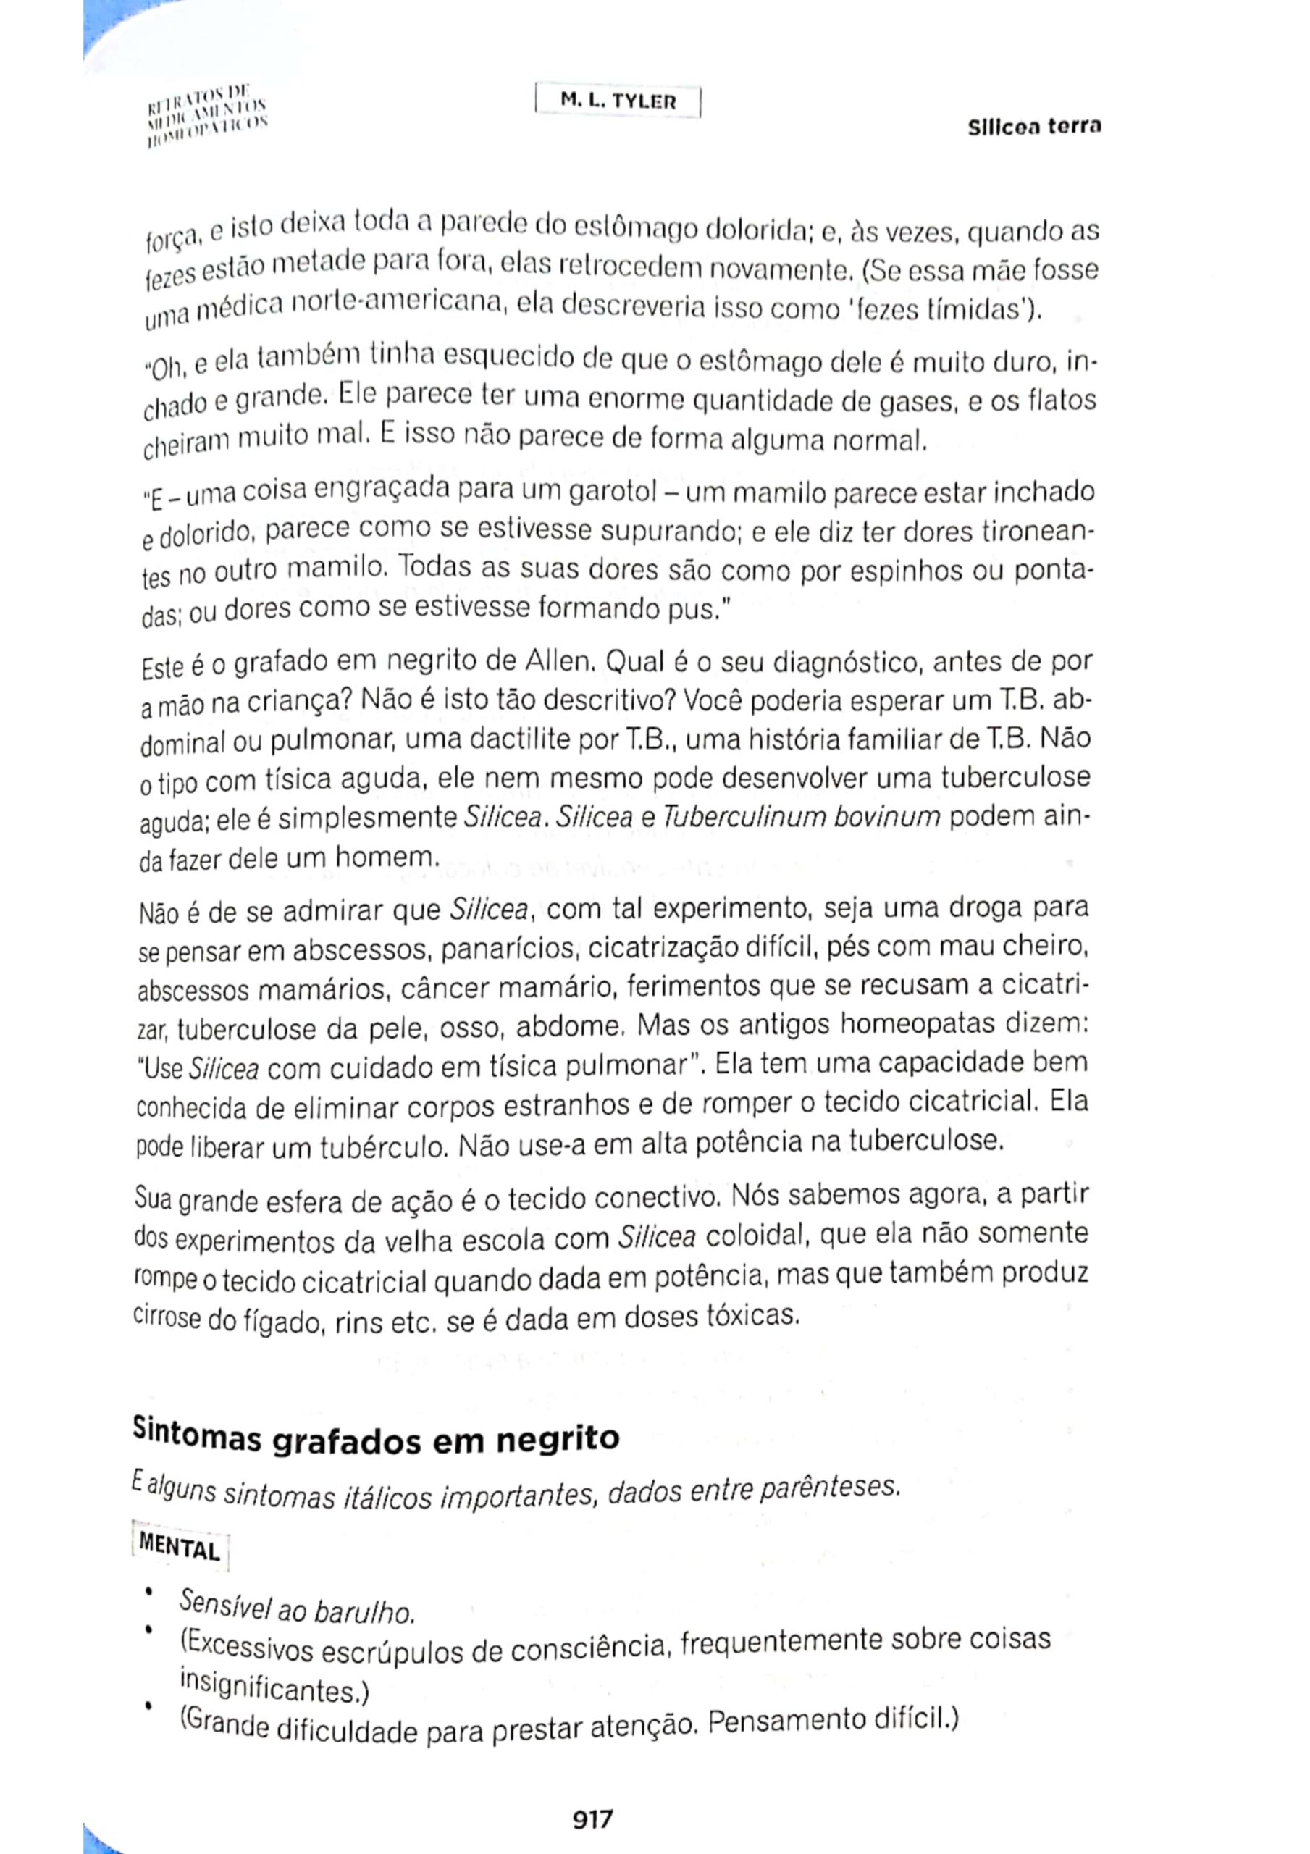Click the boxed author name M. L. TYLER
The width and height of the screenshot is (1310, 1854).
618,103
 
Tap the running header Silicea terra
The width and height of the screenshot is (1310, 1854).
1035,127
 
